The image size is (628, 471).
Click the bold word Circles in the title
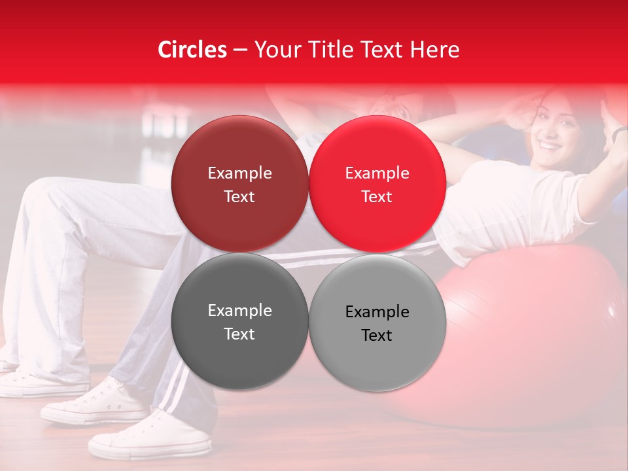192,50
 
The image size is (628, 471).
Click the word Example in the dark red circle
239,173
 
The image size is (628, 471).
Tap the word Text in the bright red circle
377,197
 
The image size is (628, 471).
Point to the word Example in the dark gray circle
239,311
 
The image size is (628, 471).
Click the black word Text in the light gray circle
377,336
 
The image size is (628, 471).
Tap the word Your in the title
275,50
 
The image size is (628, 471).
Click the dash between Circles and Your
240,50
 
